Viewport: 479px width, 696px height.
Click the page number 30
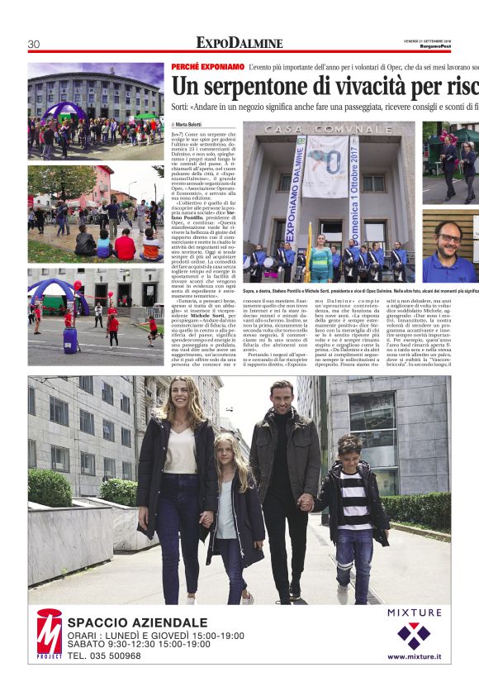tap(34, 44)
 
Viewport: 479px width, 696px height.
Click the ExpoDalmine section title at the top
tap(239, 43)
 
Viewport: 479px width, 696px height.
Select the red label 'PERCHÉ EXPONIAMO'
tap(206, 65)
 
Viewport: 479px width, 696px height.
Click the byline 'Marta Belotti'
tap(192, 124)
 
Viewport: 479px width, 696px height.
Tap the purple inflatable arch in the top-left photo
tap(64, 111)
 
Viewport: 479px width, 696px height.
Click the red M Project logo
tap(49, 633)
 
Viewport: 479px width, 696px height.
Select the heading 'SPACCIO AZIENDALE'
tap(137, 622)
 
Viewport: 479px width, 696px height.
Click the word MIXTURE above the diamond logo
tap(414, 613)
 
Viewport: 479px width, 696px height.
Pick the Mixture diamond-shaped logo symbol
tap(414, 635)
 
